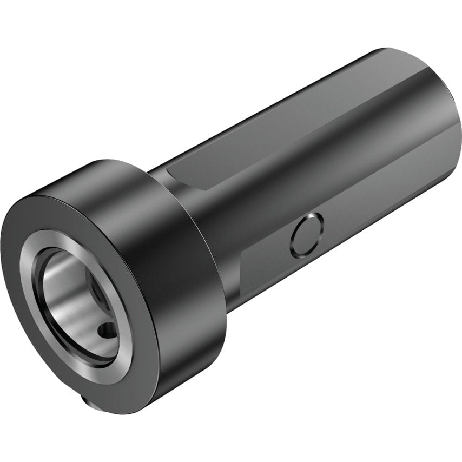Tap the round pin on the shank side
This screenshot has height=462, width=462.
pyautogui.click(x=307, y=235)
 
